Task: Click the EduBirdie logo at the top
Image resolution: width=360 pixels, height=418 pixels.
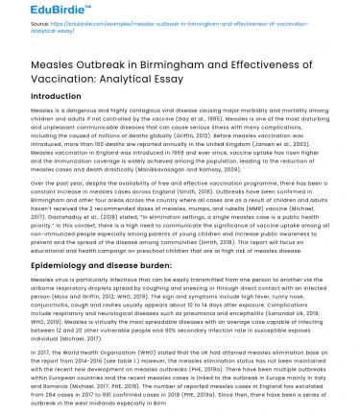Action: [x=41, y=12]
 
